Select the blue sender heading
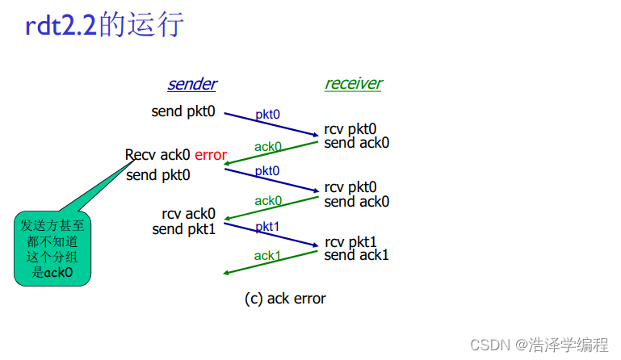[192, 84]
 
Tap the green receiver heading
[354, 83]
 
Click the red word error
[211, 155]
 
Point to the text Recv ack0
[158, 155]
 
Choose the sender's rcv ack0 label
[189, 214]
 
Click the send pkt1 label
[184, 229]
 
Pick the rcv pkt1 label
[351, 242]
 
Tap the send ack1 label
[356, 255]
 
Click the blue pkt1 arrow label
[267, 228]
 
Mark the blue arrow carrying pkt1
[271, 236]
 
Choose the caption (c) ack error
[285, 299]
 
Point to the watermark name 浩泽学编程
[569, 345]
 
